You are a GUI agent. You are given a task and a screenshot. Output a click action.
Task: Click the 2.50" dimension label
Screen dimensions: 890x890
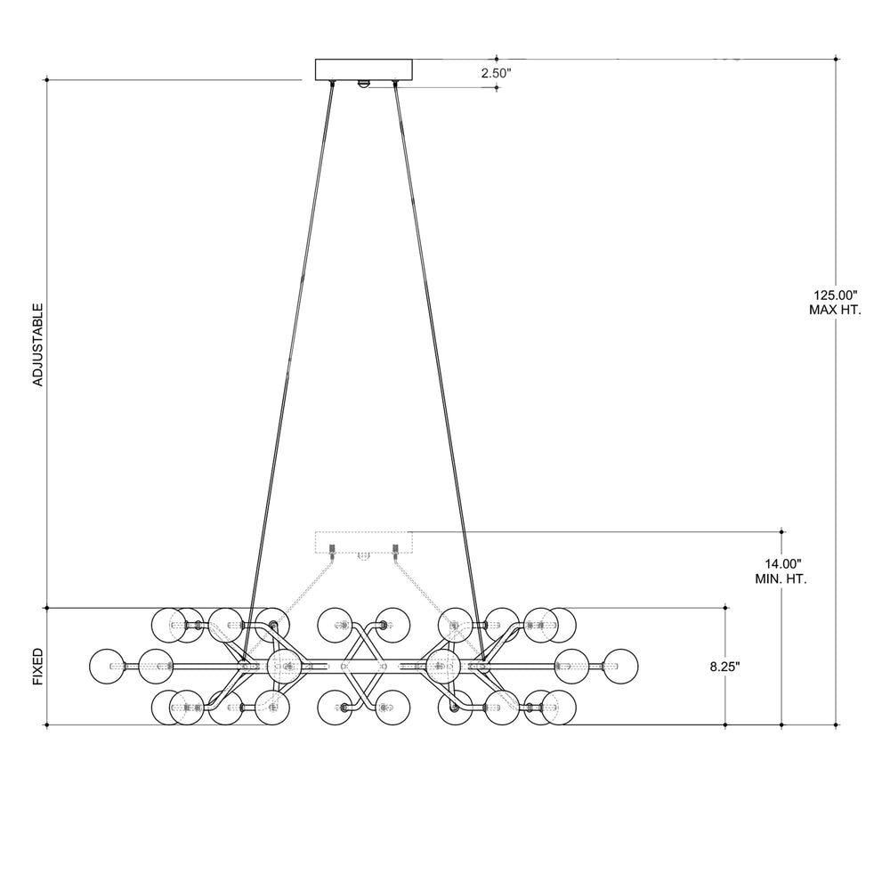point(497,73)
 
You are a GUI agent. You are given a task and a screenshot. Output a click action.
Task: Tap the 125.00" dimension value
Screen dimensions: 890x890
point(835,295)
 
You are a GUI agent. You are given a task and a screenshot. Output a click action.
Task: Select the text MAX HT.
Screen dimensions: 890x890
point(835,310)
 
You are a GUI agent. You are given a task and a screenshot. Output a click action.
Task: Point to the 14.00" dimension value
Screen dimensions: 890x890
point(782,564)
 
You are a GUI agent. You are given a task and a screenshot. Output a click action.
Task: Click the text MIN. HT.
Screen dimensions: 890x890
point(781,579)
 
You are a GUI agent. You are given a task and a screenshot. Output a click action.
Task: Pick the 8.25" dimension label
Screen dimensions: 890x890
point(724,667)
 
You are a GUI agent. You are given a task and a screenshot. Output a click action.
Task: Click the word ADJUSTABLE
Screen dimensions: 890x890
point(37,344)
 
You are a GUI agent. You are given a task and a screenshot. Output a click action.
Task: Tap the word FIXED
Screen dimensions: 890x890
point(37,667)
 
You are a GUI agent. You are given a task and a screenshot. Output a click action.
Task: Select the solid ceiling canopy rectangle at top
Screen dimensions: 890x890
point(364,69)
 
